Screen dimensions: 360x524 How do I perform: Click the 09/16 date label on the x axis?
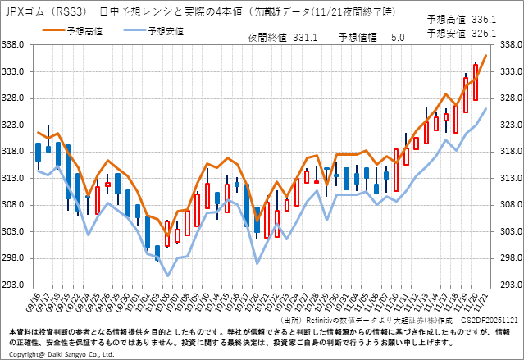(x=36, y=300)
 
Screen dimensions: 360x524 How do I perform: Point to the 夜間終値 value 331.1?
(x=305, y=37)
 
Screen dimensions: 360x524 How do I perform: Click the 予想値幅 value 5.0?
(x=398, y=37)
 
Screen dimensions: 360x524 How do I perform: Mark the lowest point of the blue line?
(x=167, y=276)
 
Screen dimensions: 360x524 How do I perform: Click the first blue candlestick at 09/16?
(x=38, y=152)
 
